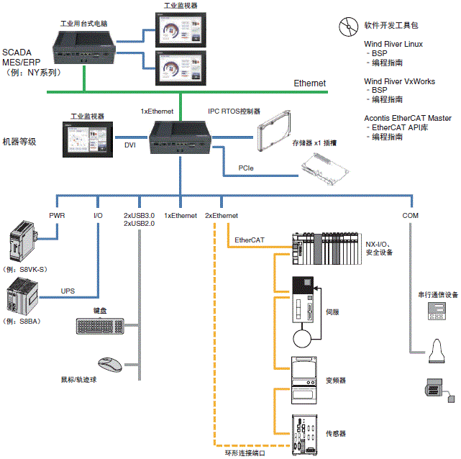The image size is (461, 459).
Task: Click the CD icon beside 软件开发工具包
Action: [347, 27]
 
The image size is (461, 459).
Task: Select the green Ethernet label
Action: [309, 83]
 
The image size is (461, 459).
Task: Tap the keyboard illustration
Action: [99, 325]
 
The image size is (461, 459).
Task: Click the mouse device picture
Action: [109, 363]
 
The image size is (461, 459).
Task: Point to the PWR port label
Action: [57, 215]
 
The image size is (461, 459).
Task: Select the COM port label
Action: [411, 215]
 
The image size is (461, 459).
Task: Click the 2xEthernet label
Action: [222, 215]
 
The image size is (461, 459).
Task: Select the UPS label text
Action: [68, 291]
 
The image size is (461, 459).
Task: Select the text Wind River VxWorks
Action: [399, 81]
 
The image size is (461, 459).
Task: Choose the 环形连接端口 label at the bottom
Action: [246, 453]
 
